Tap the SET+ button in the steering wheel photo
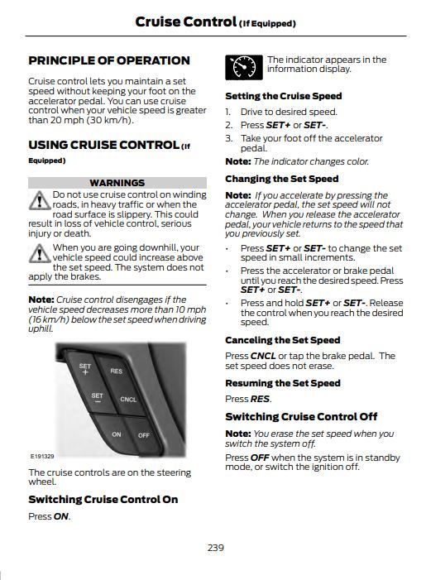85,369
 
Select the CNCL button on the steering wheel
128,400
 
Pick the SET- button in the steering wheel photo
97,398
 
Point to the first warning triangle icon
38,200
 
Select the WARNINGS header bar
117,182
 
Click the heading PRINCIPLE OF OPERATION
108,60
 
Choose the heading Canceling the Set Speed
282,340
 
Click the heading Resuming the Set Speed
282,383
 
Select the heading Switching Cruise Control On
103,499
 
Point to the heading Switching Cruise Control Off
301,416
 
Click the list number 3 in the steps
227,138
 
